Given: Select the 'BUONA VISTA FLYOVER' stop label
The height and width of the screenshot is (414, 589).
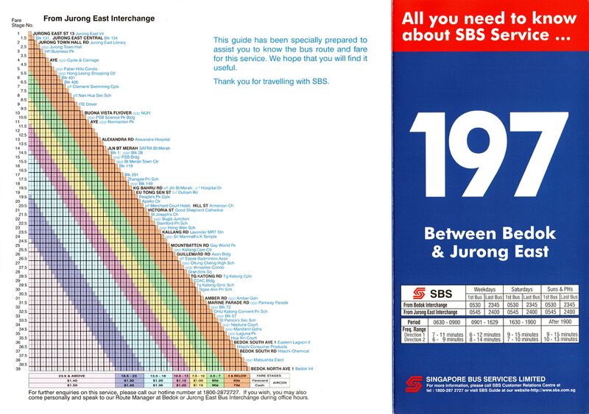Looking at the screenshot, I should [108, 113].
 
